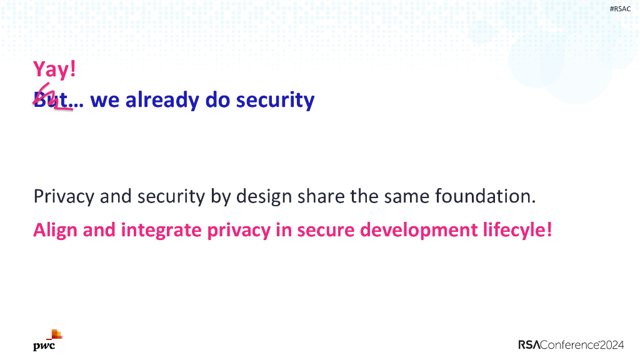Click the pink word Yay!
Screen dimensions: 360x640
(54, 69)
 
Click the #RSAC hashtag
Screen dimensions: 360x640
(620, 9)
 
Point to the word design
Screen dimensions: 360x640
(264, 197)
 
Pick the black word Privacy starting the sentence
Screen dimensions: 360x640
(63, 197)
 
